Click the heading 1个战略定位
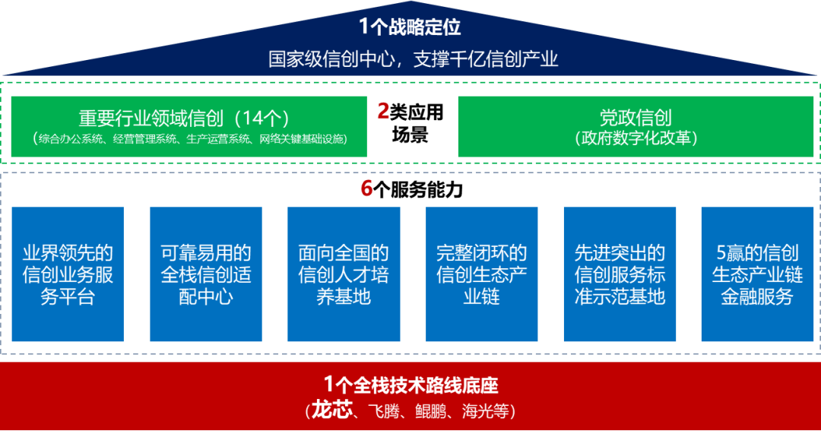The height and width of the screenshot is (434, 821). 410,27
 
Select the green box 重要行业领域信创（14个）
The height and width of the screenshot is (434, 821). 189,126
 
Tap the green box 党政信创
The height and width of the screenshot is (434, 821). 636,126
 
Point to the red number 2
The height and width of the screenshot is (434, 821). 383,112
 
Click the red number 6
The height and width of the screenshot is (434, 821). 366,188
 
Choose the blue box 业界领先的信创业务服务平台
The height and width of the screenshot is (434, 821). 68,274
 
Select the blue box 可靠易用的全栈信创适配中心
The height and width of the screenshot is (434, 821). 206,274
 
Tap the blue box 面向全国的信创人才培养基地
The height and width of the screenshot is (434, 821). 344,274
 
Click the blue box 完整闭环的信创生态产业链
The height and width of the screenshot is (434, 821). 482,274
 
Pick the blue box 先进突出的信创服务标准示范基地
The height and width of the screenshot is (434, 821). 620,274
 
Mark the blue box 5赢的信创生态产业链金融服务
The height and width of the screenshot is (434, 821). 756,274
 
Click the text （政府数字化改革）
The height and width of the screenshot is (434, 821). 636,138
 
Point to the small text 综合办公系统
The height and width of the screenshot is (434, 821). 69,139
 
